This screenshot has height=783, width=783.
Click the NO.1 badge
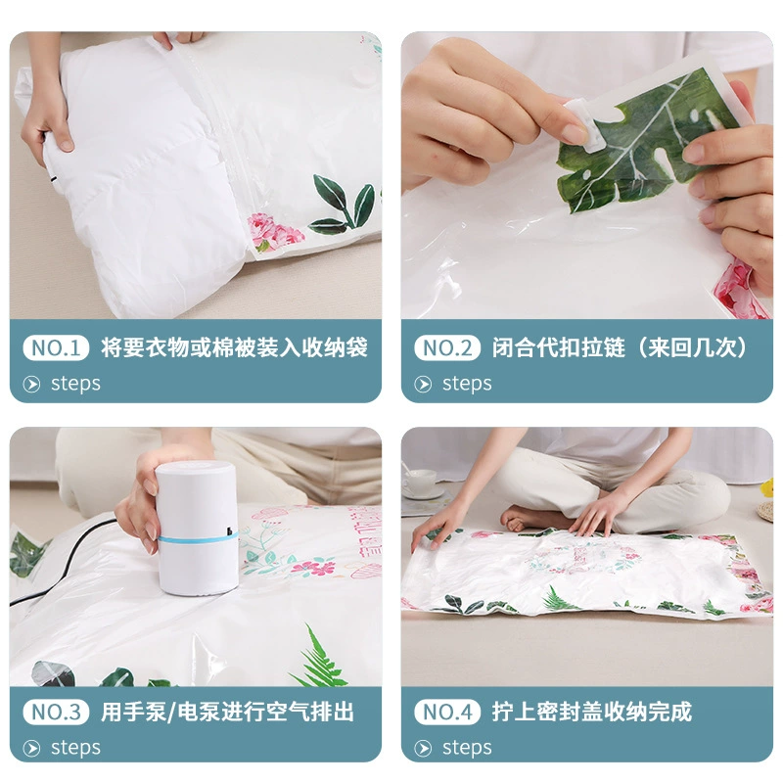pyautogui.click(x=56, y=347)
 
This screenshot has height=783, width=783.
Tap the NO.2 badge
pyautogui.click(x=447, y=347)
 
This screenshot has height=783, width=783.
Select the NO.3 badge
pyautogui.click(x=56, y=712)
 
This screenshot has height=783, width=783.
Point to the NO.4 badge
pyautogui.click(x=447, y=712)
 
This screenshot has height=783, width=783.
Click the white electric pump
pyautogui.click(x=197, y=527)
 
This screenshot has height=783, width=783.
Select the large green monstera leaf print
pyautogui.click(x=644, y=140)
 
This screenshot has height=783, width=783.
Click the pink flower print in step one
pyautogui.click(x=275, y=232)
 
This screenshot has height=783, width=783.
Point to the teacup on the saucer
pyautogui.click(x=420, y=481)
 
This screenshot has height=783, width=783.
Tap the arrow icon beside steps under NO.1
pyautogui.click(x=31, y=384)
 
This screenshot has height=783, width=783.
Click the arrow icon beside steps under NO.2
pyautogui.click(x=423, y=384)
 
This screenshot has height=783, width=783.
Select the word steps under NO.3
pyautogui.click(x=75, y=748)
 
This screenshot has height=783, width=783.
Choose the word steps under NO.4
pyautogui.click(x=467, y=748)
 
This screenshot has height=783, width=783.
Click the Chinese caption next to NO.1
pyautogui.click(x=234, y=347)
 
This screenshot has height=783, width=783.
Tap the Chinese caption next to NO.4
pyautogui.click(x=592, y=712)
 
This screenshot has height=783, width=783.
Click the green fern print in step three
pyautogui.click(x=320, y=658)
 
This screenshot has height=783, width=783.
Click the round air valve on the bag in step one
pyautogui.click(x=363, y=75)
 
